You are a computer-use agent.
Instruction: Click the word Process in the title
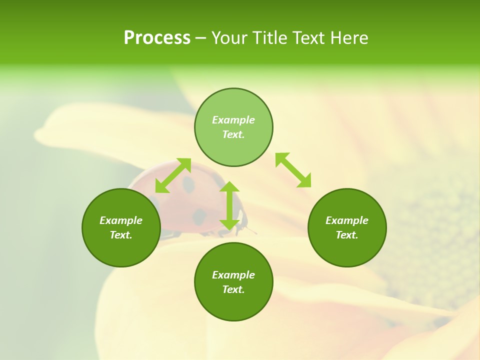(157, 38)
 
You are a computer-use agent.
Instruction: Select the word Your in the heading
(229, 38)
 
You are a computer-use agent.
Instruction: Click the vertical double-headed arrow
(229, 205)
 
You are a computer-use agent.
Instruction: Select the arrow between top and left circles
(173, 175)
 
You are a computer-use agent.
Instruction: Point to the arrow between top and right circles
(293, 170)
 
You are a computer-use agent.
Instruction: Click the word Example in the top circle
(233, 120)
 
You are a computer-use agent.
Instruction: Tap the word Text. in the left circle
(121, 235)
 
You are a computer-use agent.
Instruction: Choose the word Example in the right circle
(347, 220)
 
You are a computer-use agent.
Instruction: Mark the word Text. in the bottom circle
(233, 289)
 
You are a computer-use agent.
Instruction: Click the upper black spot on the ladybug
(188, 184)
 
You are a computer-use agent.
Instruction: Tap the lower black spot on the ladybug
(199, 216)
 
